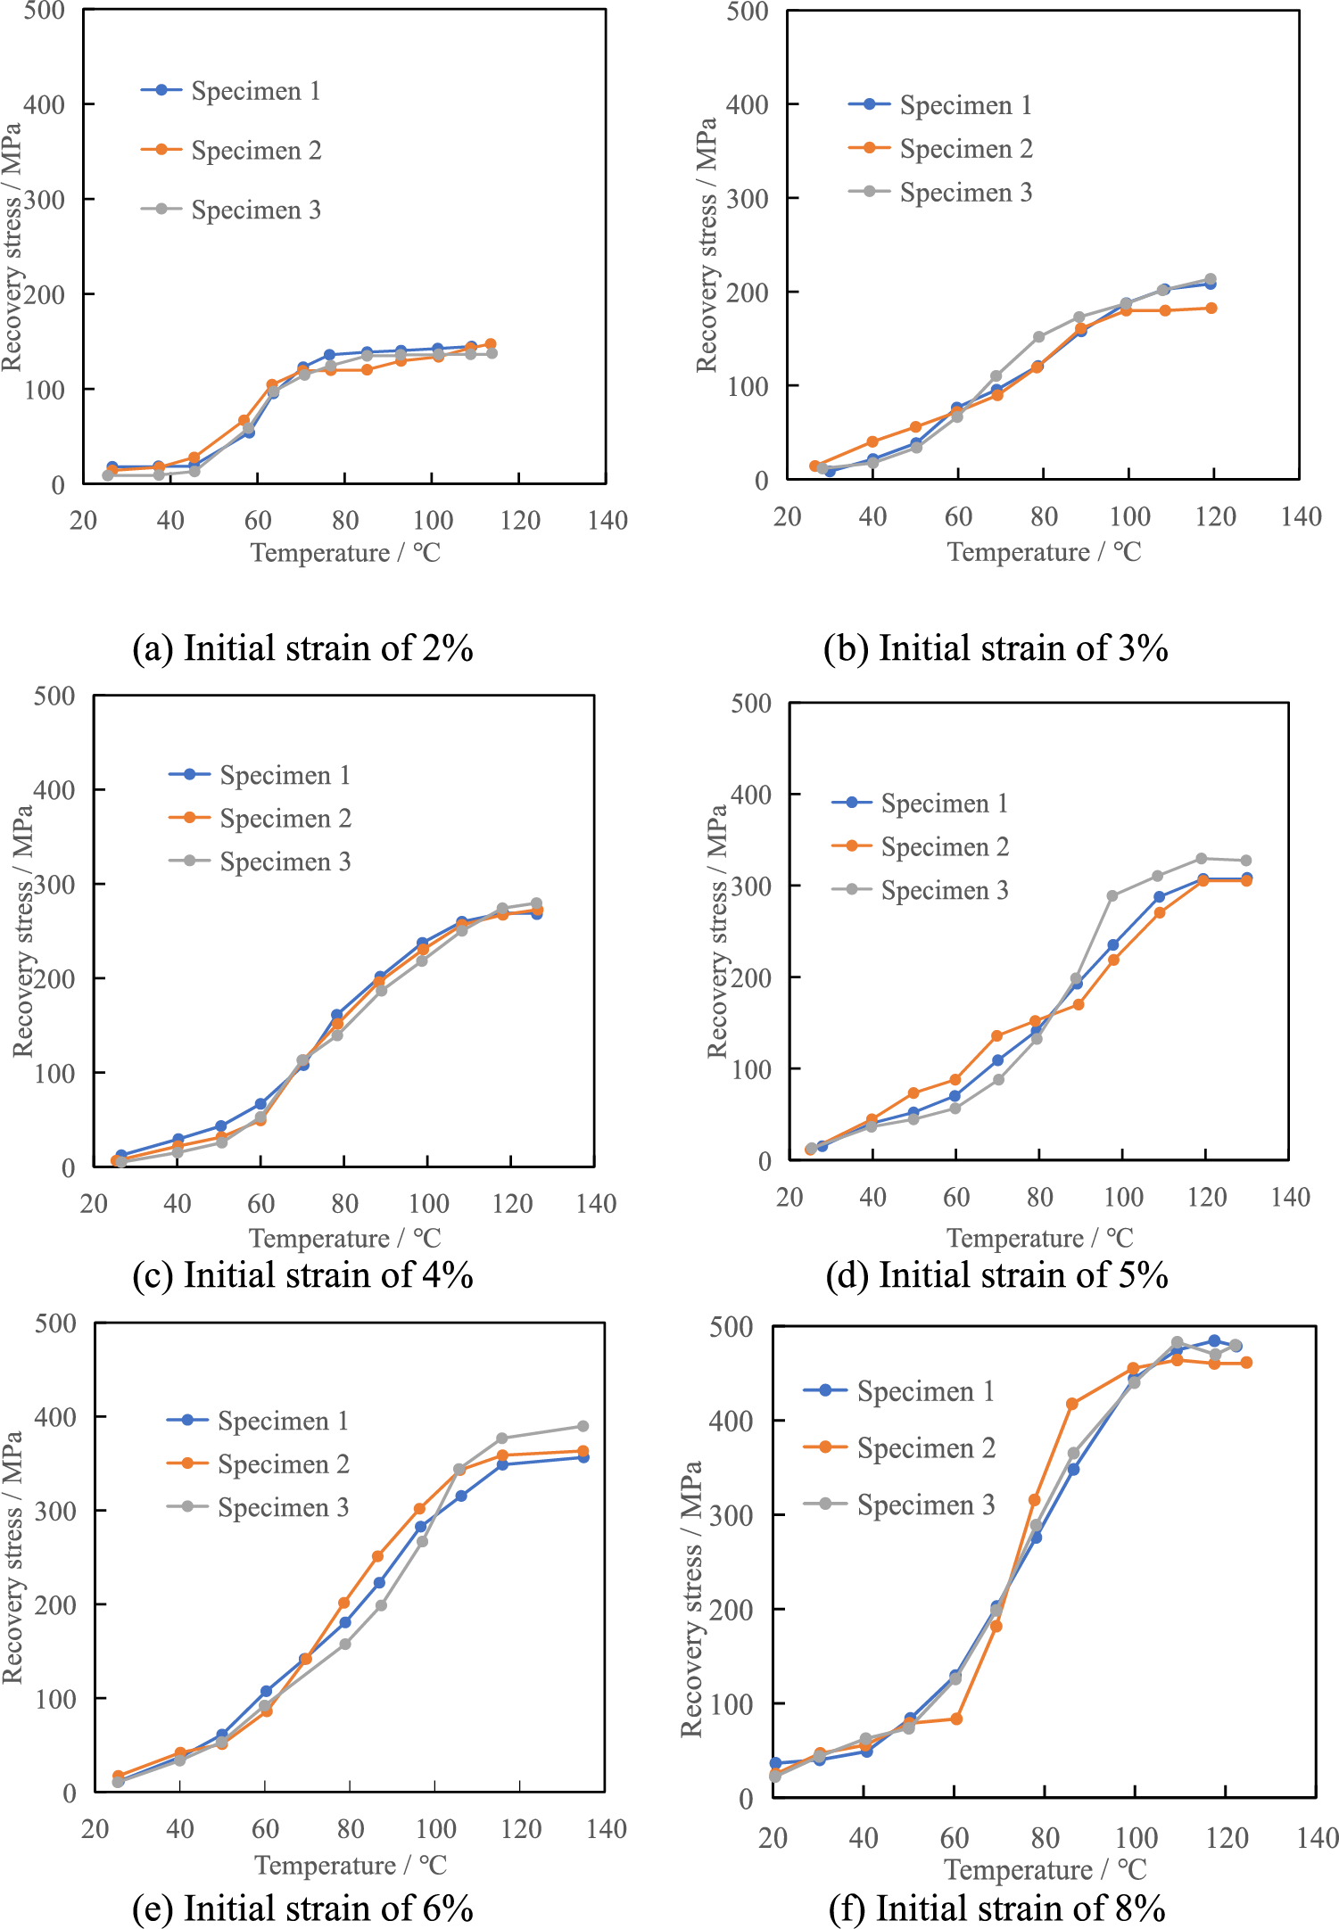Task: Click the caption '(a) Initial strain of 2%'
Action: pos(302,648)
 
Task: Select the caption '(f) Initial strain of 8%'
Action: pos(996,1908)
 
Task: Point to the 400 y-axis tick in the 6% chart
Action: pos(56,1417)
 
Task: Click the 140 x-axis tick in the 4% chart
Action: pos(595,1204)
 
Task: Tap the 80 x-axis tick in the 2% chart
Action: pos(344,521)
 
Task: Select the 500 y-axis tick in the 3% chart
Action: pos(747,12)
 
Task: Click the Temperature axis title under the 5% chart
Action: pos(1039,1238)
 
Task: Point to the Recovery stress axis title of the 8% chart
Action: pos(692,1600)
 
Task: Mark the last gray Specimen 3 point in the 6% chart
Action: pos(583,1426)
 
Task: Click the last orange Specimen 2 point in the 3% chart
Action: pos(1211,308)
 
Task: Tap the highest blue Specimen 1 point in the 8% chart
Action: pos(1214,1340)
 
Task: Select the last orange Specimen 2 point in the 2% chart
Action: pos(490,344)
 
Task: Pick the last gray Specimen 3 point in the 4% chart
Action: pos(536,903)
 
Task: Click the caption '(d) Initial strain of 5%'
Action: pos(996,1275)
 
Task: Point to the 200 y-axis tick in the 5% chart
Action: pos(751,977)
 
